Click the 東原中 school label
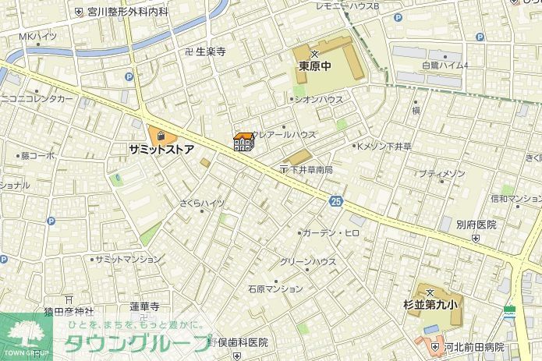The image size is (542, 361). click(314, 66)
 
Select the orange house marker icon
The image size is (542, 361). click(243, 142)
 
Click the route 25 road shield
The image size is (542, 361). click(335, 200)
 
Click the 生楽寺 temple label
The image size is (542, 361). click(210, 51)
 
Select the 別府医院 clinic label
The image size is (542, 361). click(476, 225)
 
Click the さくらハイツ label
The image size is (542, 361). click(202, 203)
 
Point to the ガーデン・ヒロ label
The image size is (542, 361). click(331, 232)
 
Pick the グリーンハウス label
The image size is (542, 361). click(308, 261)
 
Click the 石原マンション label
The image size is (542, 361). click(275, 288)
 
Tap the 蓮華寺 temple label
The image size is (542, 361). click(144, 306)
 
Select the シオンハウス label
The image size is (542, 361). click(318, 100)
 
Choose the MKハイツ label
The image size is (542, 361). click(37, 37)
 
